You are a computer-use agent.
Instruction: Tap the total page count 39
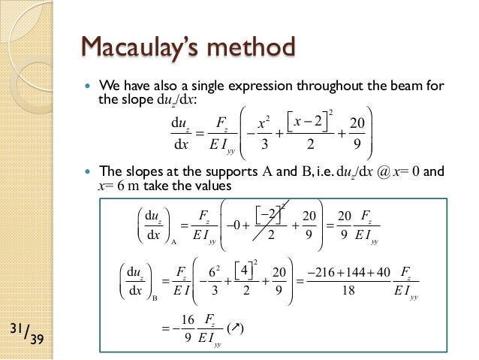click(x=35, y=340)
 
